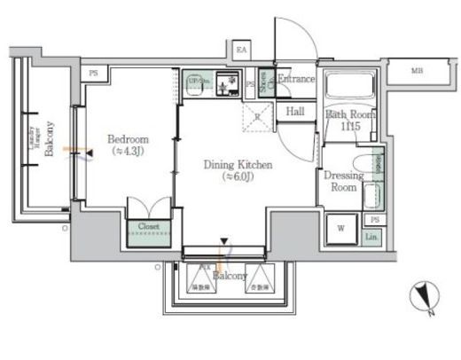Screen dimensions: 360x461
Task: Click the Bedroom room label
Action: coord(128,139)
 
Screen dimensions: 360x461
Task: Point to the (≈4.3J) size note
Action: coord(128,153)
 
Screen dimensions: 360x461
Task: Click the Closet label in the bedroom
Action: coord(147,227)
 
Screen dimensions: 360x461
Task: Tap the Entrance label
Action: coord(296,79)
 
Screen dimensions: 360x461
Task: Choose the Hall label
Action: coord(295,111)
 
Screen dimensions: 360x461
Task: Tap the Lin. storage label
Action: coord(372,237)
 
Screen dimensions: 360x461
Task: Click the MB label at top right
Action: coord(417,70)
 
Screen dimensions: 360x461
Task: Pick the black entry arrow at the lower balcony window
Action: coord(224,240)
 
